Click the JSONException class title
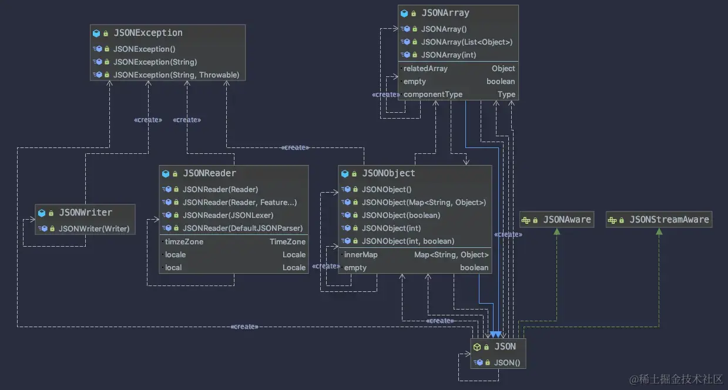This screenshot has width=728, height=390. (147, 33)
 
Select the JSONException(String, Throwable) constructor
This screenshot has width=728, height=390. (176, 75)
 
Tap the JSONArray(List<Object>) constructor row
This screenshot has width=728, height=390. (467, 42)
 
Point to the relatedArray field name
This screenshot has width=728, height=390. (425, 69)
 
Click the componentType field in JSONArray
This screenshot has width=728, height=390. (432, 95)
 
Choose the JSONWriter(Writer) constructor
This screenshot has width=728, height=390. (93, 228)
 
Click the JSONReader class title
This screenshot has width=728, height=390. (209, 173)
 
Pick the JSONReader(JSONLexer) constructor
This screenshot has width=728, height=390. (227, 215)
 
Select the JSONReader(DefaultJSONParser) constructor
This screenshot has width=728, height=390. (242, 228)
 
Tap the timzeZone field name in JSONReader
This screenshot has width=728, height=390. (184, 241)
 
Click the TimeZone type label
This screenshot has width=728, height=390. (287, 241)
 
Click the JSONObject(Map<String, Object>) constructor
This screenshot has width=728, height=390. (424, 202)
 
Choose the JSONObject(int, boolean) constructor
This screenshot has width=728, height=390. (408, 241)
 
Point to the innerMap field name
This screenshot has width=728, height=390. (361, 255)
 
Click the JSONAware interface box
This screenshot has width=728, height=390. (556, 220)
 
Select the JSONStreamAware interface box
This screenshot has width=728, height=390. (659, 220)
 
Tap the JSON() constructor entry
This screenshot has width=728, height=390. (506, 362)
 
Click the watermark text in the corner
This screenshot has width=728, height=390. (676, 379)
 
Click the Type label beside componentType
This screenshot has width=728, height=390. (506, 95)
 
